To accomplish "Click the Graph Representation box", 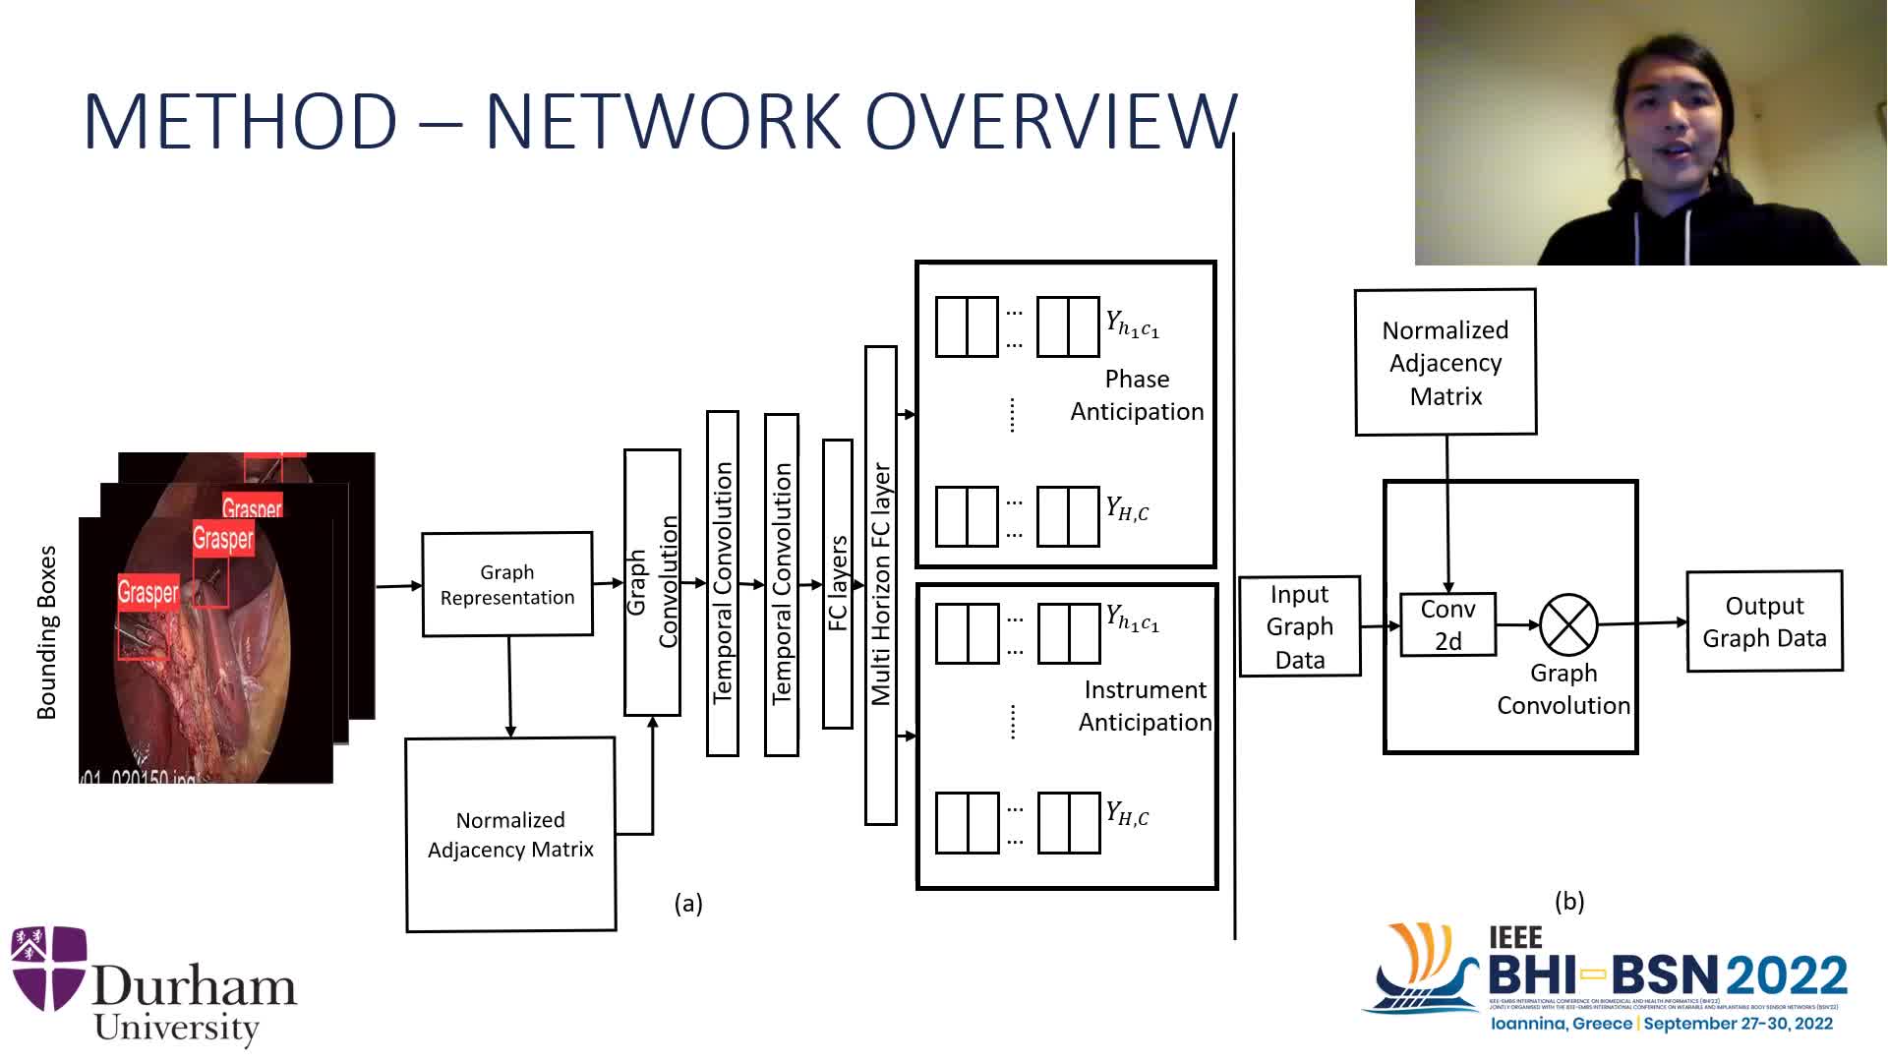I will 506,584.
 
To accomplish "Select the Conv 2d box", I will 1447,624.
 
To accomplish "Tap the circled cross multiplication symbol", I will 1567,624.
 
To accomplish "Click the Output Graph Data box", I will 1764,621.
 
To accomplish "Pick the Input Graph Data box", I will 1299,626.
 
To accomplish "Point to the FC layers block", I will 837,583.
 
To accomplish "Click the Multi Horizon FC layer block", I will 880,584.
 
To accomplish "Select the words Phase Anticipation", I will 1137,395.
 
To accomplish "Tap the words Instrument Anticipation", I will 1145,706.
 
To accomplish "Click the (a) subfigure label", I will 688,903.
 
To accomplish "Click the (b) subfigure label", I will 1569,901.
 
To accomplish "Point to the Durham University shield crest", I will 48,967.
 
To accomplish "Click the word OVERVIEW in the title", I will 1050,122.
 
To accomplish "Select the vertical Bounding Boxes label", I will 47,632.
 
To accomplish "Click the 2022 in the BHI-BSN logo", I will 1787,975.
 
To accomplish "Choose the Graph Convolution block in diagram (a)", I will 652,582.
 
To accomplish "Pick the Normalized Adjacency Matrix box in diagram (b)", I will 1445,362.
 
